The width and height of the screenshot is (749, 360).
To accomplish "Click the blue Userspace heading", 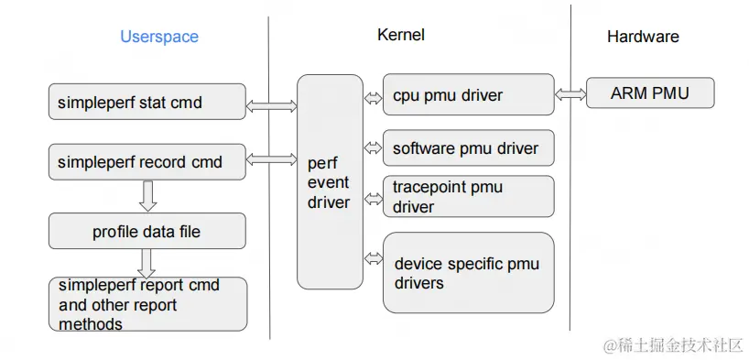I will [159, 37].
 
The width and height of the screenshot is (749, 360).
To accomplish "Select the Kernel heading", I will [400, 35].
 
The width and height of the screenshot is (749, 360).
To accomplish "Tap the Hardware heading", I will [643, 37].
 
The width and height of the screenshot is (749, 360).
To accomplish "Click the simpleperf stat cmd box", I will [147, 102].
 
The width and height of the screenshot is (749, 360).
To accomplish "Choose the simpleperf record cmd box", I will [147, 162].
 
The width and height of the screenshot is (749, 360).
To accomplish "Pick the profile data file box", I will [147, 232].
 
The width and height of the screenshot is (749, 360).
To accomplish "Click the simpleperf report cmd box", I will [147, 304].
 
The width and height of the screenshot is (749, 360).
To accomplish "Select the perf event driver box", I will [330, 181].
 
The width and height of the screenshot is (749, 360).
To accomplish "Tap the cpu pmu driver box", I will [468, 94].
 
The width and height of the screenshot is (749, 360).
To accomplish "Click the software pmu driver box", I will [468, 148].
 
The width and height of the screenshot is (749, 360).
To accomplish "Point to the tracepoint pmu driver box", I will [468, 197].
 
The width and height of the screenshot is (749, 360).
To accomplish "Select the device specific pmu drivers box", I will [468, 273].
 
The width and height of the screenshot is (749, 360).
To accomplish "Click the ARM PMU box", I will [649, 93].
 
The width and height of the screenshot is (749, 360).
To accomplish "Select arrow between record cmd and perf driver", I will [272, 160].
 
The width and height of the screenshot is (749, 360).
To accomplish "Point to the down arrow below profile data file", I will [147, 263].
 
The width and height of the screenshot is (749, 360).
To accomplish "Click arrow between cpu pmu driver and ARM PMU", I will [570, 94].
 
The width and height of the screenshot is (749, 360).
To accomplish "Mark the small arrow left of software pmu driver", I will [373, 147].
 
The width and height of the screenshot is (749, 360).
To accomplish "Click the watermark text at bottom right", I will [673, 345].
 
